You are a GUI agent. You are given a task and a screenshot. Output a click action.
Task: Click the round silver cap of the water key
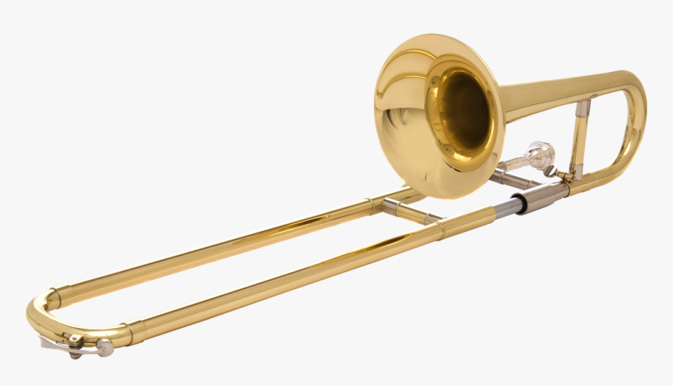click(x=104, y=348)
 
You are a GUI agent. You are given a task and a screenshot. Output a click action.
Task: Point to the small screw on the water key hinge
click(x=75, y=340)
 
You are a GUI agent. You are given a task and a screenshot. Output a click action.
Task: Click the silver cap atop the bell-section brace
click(x=583, y=106)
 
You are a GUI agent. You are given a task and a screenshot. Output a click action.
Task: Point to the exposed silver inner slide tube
click(x=506, y=207)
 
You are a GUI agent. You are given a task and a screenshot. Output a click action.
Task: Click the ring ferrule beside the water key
click(x=126, y=333)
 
